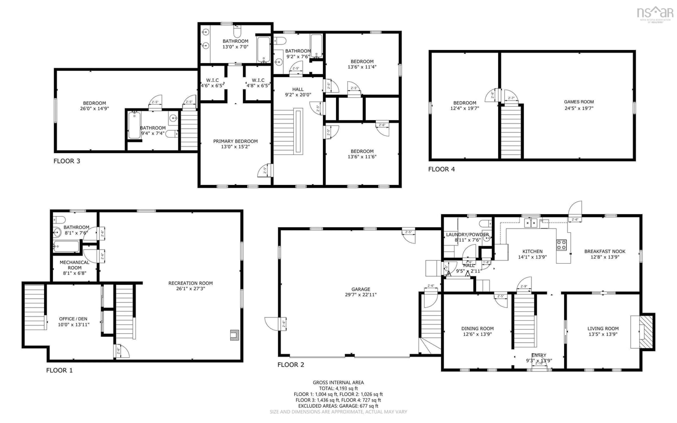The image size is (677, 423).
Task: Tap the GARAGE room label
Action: tap(361, 289)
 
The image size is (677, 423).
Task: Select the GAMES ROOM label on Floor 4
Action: tap(578, 102)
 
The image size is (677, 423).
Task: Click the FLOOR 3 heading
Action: tap(67, 161)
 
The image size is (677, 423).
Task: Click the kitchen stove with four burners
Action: tap(561, 245)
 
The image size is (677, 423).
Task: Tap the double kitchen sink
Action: tap(531, 223)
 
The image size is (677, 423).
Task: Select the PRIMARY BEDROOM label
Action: tap(235, 141)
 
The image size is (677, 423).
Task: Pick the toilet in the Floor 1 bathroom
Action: tap(59, 220)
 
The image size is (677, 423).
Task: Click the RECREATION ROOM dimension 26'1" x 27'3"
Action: tap(191, 289)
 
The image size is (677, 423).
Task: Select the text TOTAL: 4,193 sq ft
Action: tap(338, 388)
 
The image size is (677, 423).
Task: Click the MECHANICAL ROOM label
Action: tap(74, 265)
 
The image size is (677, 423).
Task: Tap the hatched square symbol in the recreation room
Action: tap(234, 335)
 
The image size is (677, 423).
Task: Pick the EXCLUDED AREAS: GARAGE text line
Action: tap(338, 406)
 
